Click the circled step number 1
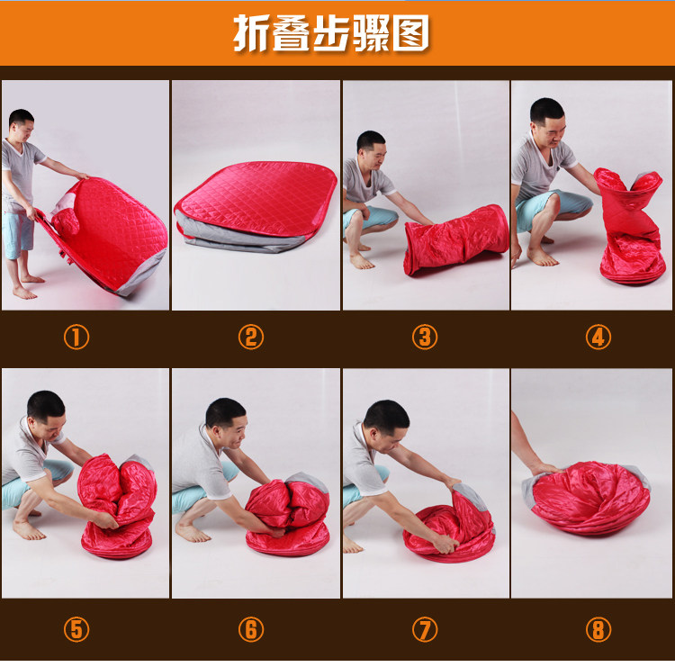point(76,337)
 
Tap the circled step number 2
point(251,337)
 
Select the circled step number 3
point(425,337)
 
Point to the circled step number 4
point(598,337)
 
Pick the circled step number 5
point(76,629)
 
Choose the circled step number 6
point(251,629)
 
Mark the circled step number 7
point(425,629)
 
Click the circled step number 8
point(598,629)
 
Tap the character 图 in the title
point(411,33)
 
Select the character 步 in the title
point(331,33)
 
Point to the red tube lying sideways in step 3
point(456,239)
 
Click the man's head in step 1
point(22,122)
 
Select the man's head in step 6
point(226,421)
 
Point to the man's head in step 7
point(386,427)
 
